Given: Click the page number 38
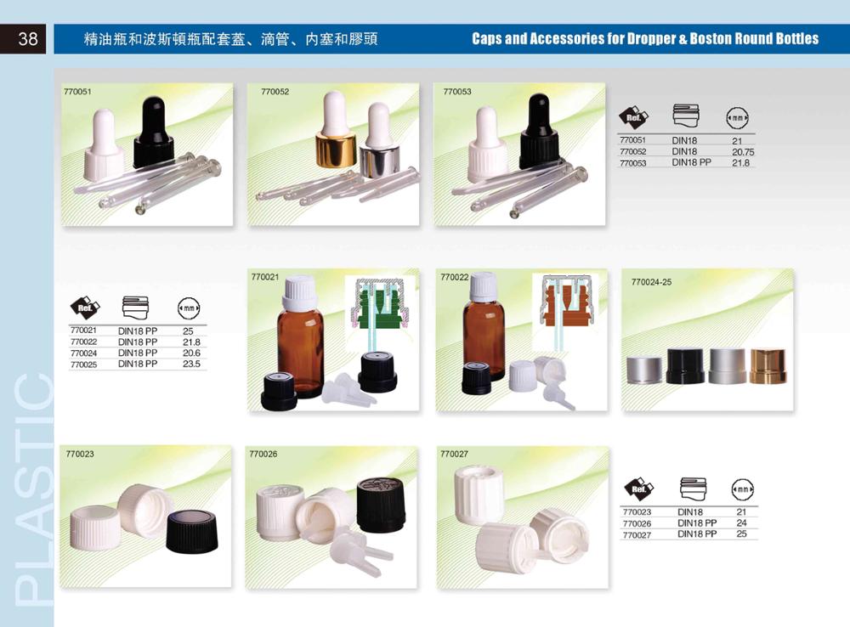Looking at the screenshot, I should coord(27,39).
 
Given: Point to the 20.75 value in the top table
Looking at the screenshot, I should coord(743,151).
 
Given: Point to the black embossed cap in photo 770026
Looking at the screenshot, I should coord(380,506).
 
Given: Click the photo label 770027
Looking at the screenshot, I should coord(454,455).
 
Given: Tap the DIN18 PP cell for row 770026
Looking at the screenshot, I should coord(697,523).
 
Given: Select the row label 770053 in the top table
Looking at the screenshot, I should coord(633,162).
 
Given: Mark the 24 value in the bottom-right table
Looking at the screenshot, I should coord(741,523).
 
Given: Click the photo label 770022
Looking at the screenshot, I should coord(454,277).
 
